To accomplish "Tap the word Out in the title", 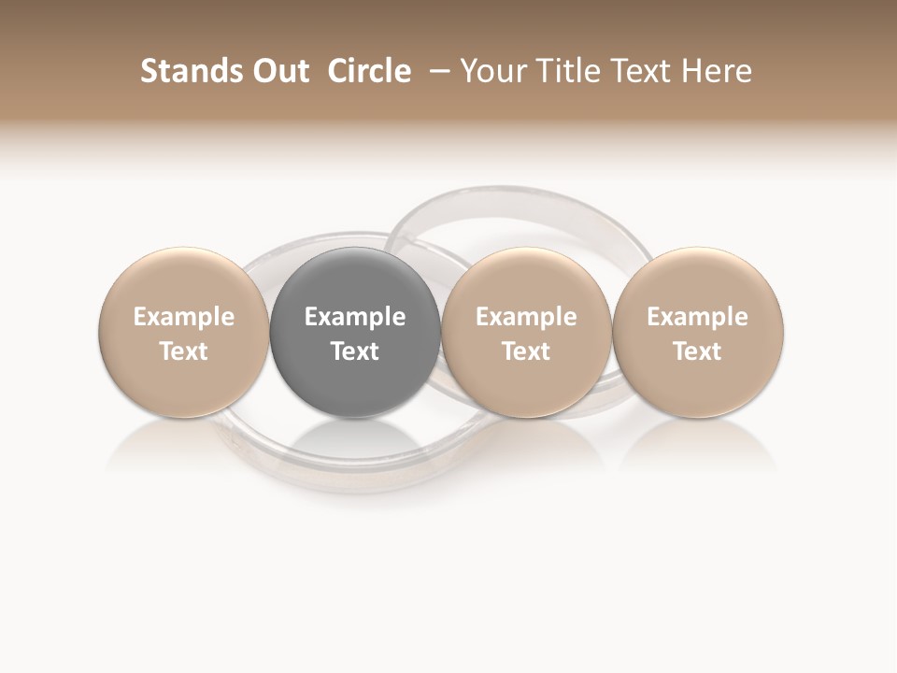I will tap(278, 71).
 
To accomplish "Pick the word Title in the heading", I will tap(571, 71).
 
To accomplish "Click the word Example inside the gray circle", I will tap(355, 317).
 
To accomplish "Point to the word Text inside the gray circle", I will tap(355, 351).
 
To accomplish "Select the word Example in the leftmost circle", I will tap(183, 317).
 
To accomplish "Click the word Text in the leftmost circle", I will tap(183, 351).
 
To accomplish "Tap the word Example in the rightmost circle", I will tap(697, 317).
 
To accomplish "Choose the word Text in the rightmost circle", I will tap(697, 351).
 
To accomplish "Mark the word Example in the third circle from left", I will tap(526, 317).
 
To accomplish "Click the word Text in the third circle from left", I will tap(526, 351).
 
